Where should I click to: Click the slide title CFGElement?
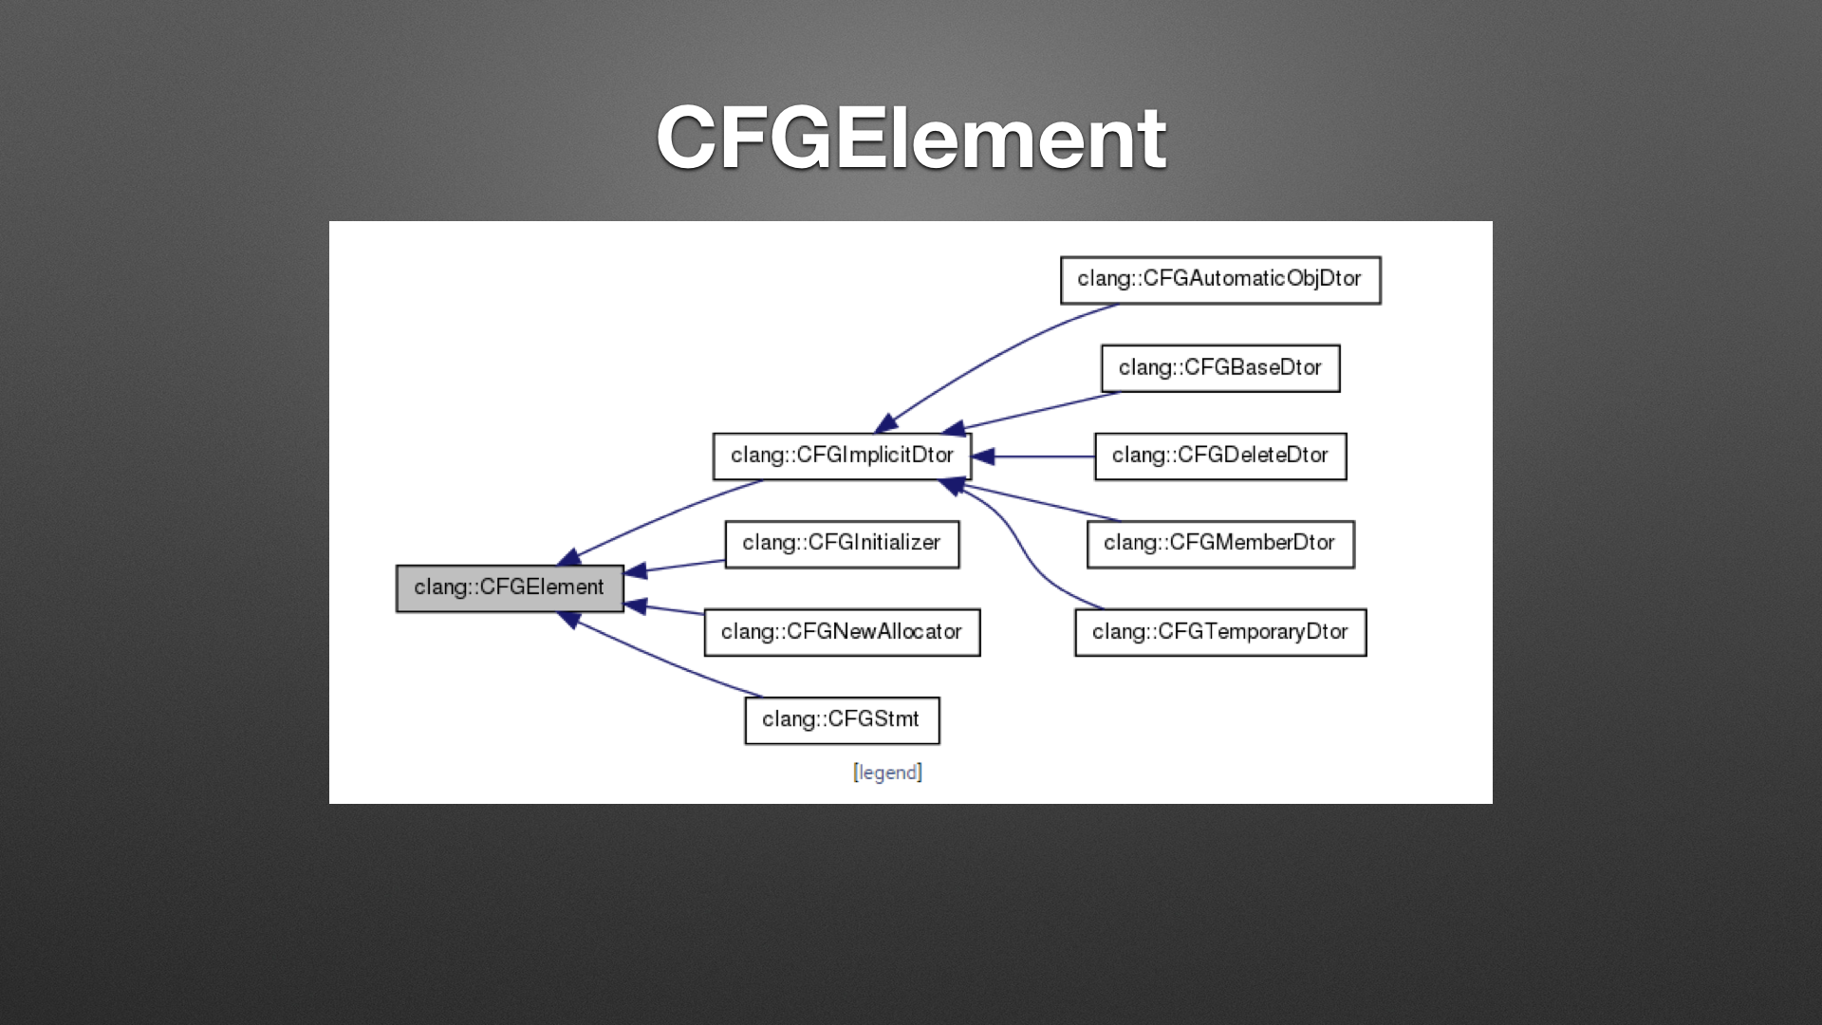[911, 139]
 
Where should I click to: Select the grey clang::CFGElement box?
[510, 588]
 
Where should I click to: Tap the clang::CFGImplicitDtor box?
[842, 457]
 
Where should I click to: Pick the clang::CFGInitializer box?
[842, 544]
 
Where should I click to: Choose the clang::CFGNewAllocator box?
[842, 632]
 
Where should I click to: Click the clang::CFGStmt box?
[842, 720]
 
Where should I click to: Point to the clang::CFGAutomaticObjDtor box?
[1220, 280]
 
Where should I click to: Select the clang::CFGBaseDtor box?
[1220, 368]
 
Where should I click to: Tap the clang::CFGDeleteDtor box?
[1220, 457]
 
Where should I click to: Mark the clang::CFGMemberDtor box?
[1220, 544]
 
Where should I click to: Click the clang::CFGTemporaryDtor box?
[1220, 632]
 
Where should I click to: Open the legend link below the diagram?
[887, 773]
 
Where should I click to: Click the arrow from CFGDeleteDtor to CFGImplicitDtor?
[1034, 457]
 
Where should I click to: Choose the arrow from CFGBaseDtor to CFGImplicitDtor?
[1039, 411]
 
